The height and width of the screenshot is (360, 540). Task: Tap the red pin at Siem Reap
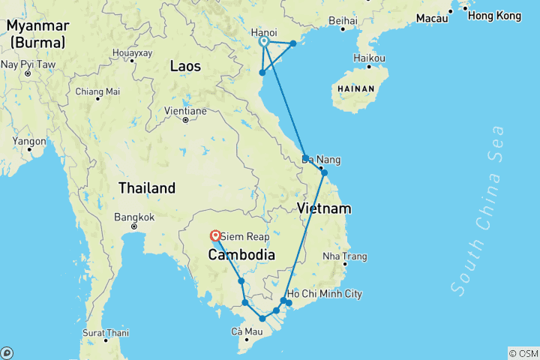point(216,235)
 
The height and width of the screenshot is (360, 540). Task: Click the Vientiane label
point(184,111)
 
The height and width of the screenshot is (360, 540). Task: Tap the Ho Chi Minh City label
point(325,294)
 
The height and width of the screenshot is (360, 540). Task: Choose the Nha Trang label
point(344,256)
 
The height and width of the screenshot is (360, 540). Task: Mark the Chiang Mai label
point(97,92)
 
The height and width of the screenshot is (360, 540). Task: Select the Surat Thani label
point(106,333)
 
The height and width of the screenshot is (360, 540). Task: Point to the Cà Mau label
point(247,331)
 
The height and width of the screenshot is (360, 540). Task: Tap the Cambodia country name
point(241,255)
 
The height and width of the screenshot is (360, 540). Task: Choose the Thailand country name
point(146,188)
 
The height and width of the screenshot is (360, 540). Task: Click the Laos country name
point(185,67)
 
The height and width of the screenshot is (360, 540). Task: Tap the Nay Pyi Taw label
point(27,64)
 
